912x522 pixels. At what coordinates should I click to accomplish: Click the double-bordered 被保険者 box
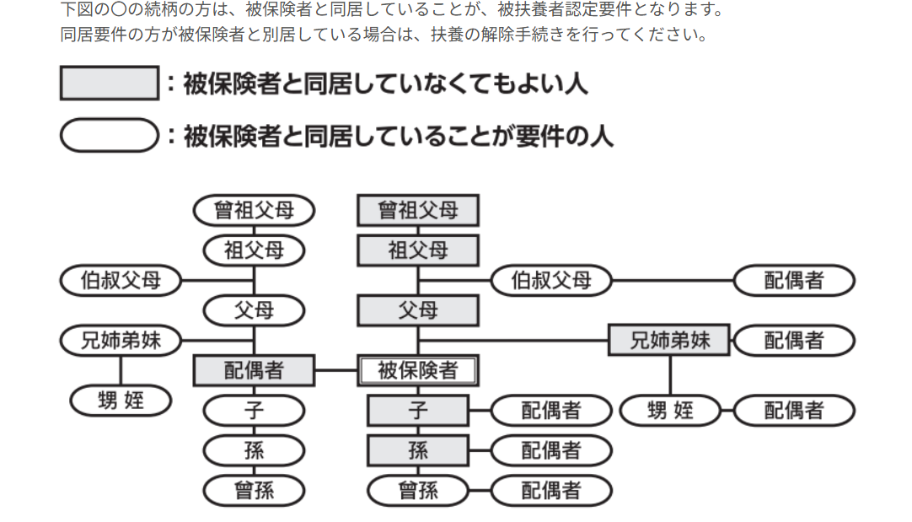418,370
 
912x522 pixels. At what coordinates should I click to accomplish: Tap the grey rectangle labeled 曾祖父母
418,210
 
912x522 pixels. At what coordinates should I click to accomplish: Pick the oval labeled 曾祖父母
254,210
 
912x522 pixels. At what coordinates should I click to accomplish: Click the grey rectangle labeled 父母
418,310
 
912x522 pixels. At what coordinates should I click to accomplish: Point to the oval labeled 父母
254,310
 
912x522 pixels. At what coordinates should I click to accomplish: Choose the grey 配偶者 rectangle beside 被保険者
254,370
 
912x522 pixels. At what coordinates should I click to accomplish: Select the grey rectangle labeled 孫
418,450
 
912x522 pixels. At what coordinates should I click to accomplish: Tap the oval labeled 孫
254,450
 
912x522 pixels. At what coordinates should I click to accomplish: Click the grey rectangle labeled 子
418,411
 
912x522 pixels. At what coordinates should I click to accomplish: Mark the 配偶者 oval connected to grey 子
551,411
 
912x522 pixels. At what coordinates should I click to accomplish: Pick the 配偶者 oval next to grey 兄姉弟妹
794,341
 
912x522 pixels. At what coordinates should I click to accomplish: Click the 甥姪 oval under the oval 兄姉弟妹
121,401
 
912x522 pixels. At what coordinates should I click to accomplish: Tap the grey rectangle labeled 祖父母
418,250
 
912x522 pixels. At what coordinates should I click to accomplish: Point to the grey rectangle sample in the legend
110,83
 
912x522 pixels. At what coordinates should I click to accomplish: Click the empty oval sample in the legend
110,135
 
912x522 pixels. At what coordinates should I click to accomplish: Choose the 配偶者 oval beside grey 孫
551,450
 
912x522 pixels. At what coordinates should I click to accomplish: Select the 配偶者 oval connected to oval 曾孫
551,490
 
